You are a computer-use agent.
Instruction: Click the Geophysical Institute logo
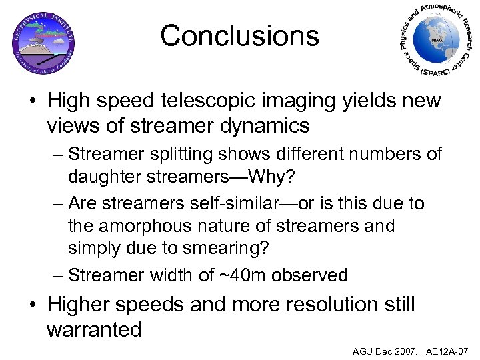tap(43, 41)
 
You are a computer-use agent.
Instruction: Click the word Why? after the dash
tap(280, 178)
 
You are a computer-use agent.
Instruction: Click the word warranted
tap(94, 329)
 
